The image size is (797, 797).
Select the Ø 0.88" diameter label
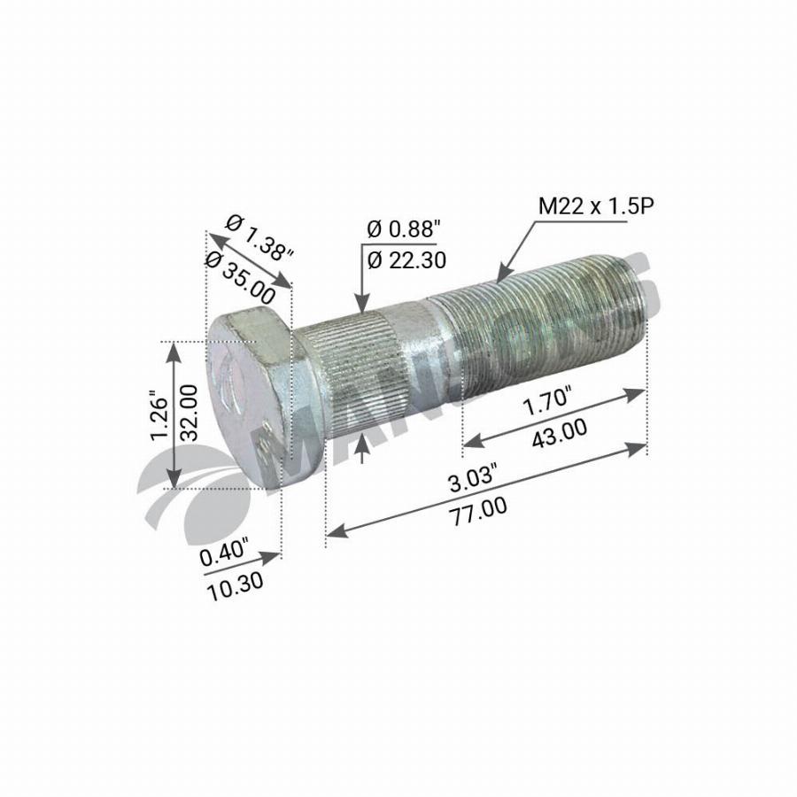[403, 229]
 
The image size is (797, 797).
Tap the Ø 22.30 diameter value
[406, 259]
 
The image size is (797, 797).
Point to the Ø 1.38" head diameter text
[259, 237]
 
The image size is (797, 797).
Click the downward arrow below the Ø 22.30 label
[361, 306]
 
